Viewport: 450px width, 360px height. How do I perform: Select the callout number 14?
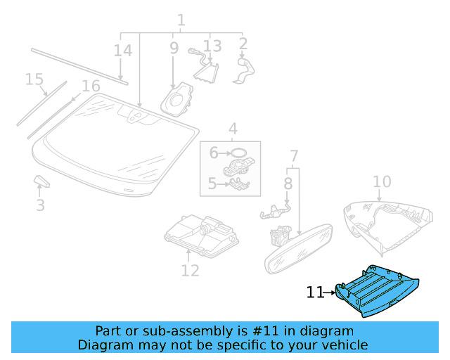point(122,51)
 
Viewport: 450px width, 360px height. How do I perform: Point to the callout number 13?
point(212,46)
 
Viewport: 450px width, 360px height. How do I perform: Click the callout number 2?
point(243,44)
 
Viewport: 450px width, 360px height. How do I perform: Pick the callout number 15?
point(34,79)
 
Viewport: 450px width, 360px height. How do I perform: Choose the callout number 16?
point(91,86)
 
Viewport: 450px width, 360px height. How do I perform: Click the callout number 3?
point(40,205)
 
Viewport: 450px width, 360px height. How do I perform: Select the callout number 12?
point(190,271)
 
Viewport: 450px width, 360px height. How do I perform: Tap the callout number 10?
point(381,182)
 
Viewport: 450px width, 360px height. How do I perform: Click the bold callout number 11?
point(315,292)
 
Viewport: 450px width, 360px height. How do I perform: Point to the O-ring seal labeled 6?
point(238,152)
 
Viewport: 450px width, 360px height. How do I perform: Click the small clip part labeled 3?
point(41,183)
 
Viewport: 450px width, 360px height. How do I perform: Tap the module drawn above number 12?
point(198,232)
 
